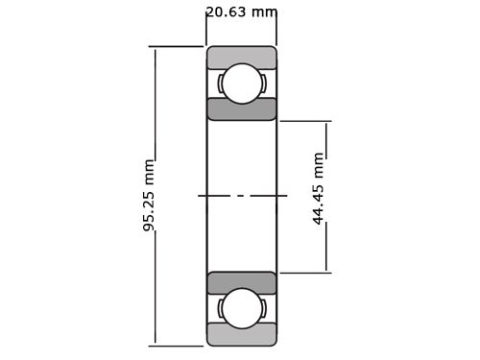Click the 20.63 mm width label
(x=241, y=12)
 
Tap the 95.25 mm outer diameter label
(x=149, y=195)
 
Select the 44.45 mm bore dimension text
(x=319, y=188)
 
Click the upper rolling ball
(x=242, y=84)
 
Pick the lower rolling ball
(x=242, y=308)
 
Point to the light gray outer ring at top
(x=242, y=57)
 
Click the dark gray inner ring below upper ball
(x=242, y=110)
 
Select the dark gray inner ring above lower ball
(x=242, y=282)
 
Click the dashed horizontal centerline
(x=242, y=196)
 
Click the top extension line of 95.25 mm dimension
(x=178, y=46)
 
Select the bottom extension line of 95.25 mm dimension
(x=178, y=345)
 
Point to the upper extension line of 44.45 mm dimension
(x=305, y=121)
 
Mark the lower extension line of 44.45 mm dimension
(x=305, y=273)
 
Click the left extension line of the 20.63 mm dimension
(x=206, y=29)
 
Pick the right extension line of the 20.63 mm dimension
(x=277, y=29)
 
